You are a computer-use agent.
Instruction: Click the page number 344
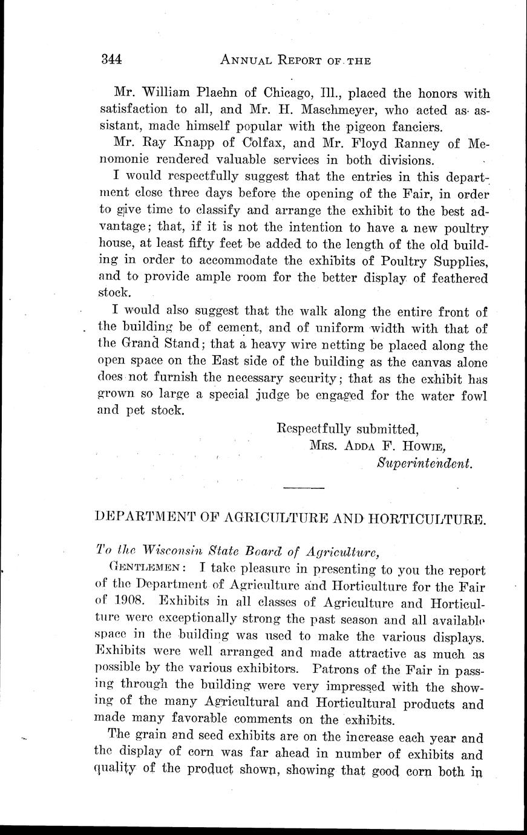pos(112,59)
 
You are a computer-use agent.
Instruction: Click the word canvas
pos(413,362)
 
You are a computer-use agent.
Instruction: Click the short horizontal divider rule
pos(304,488)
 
